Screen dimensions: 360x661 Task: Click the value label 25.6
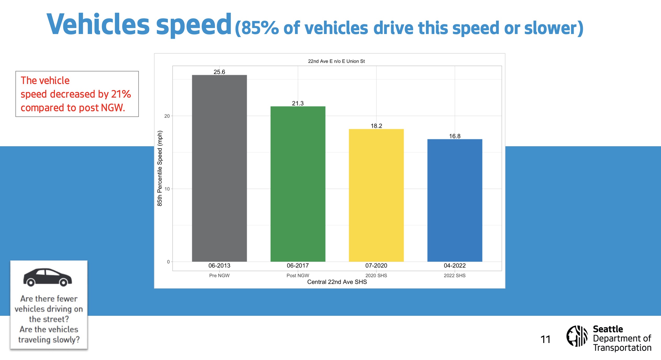point(219,72)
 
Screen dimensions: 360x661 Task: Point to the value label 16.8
point(455,136)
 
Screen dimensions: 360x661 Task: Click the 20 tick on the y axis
point(167,116)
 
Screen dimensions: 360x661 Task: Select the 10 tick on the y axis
point(167,189)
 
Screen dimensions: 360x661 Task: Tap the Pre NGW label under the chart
point(219,275)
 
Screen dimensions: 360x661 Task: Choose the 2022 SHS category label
point(455,275)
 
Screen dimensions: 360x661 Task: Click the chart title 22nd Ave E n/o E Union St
point(336,61)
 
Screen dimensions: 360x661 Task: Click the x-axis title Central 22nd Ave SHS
point(337,282)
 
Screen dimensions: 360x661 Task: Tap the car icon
point(48,277)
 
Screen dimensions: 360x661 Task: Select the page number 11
point(545,340)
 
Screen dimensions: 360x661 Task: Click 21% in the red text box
point(121,94)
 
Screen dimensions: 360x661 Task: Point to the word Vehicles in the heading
point(98,24)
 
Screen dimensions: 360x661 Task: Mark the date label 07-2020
point(376,266)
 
